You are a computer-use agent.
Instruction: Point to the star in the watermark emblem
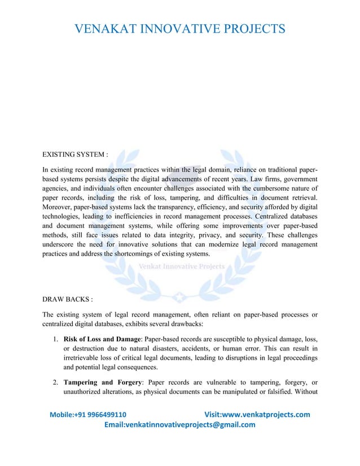point(179,294)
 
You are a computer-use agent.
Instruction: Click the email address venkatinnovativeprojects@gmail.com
point(180,425)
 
